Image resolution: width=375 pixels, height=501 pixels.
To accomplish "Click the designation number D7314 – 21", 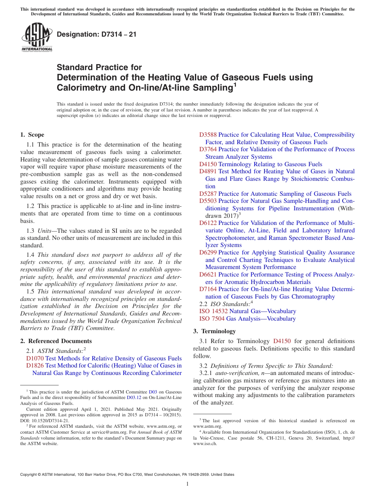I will point(97,34).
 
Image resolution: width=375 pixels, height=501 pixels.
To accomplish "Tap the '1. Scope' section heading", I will point(32,135).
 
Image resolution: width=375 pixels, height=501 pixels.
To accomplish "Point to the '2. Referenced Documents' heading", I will point(56,341).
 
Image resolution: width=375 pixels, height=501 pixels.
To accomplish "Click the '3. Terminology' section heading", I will point(214,331).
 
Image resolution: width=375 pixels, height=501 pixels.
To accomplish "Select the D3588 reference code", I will point(208,135).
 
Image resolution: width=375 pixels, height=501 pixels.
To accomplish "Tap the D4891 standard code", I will point(208,171).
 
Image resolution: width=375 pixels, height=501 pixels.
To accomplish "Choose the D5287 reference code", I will point(208,194).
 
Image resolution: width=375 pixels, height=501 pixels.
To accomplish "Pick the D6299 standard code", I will point(208,252).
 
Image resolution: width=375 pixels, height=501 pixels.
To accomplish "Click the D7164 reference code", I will point(208,289).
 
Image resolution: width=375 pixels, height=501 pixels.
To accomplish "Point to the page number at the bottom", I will point(187,484).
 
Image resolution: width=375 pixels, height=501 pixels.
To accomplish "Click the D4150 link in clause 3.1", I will point(282,341).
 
